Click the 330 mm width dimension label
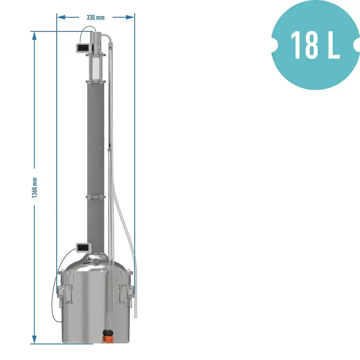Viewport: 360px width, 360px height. (x=95, y=17)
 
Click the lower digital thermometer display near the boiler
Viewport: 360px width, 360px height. (x=84, y=247)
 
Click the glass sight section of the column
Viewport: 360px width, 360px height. (x=96, y=68)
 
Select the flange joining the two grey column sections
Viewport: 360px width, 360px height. (x=95, y=196)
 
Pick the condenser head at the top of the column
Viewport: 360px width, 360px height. (x=96, y=41)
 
